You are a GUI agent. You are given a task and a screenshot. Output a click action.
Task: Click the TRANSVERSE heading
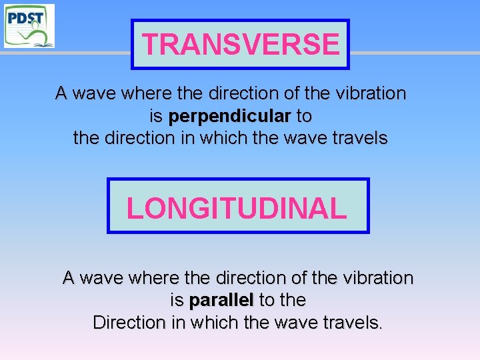(241, 45)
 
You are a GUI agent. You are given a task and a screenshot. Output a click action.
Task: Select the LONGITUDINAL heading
(237, 208)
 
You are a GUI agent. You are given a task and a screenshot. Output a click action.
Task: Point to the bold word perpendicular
(229, 117)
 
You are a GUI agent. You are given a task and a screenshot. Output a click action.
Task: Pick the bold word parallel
(221, 300)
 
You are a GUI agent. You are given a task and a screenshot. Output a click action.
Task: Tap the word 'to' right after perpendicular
(303, 117)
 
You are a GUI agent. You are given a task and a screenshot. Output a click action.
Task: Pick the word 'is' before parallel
(177, 300)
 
